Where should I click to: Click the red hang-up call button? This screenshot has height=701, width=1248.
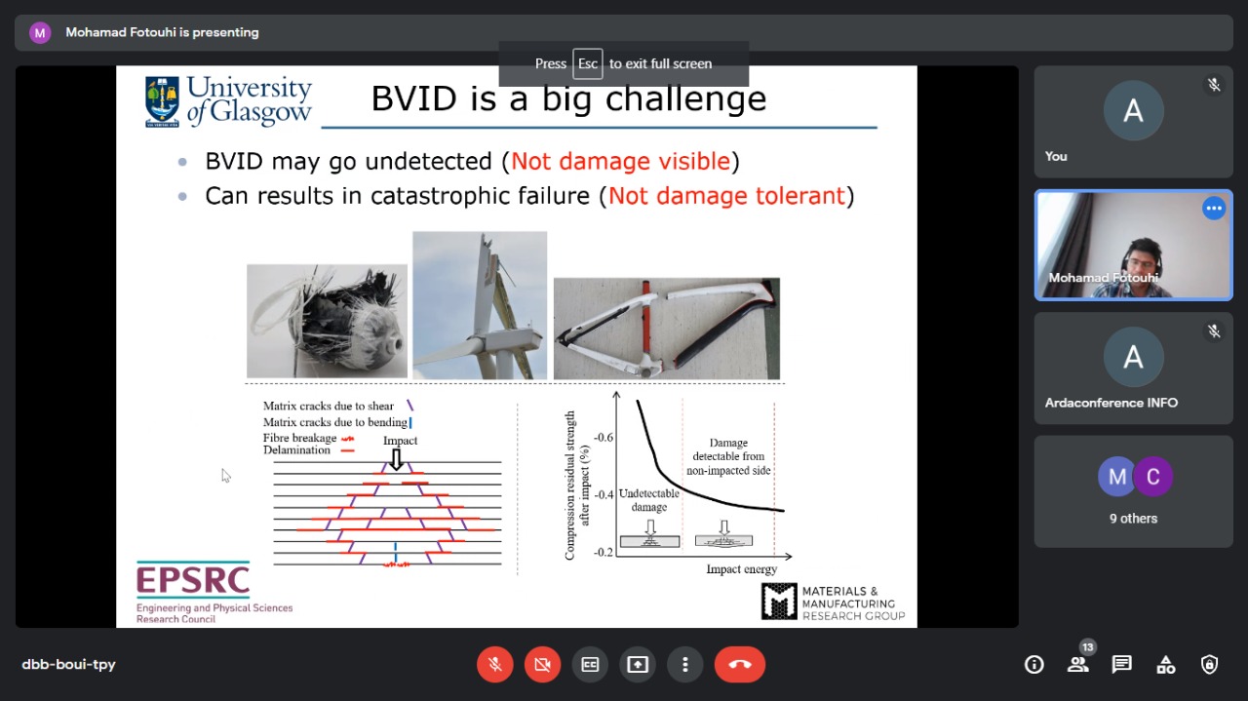[739, 664]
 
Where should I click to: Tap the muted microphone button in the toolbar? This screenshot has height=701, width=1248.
[494, 664]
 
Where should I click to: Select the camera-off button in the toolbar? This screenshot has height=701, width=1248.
[542, 664]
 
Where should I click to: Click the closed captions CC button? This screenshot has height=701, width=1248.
[590, 664]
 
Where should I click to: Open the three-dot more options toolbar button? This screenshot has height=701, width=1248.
[685, 664]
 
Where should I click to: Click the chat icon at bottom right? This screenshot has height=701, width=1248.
[1121, 664]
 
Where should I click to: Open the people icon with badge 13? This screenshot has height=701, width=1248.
[1078, 663]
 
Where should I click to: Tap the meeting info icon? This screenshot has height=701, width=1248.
[1034, 664]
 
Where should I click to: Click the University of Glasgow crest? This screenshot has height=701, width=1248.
[162, 102]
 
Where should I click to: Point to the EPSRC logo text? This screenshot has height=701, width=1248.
[193, 579]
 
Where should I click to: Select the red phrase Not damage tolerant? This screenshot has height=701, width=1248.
[726, 196]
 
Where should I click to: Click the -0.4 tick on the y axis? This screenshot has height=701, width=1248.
[604, 494]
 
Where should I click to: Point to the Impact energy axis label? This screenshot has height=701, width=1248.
[741, 569]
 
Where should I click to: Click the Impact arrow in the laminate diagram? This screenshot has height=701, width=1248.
[396, 460]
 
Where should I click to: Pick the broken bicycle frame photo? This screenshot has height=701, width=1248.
[666, 329]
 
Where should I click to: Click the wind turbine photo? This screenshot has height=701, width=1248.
[480, 305]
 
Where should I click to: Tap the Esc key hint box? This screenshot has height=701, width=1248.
[587, 63]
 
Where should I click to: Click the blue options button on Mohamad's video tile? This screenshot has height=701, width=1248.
[1214, 209]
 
